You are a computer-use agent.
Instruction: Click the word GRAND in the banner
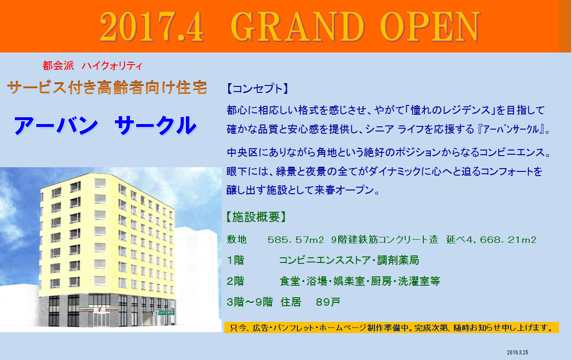297,26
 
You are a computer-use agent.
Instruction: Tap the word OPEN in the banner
430,26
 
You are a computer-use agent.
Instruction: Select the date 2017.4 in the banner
151,27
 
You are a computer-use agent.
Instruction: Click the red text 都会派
58,65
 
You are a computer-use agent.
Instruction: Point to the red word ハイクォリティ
112,66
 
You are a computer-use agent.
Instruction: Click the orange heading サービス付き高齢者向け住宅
107,87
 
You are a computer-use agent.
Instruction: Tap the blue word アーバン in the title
56,125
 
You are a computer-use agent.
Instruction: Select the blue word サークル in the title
156,125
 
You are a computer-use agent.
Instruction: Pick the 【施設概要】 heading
256,217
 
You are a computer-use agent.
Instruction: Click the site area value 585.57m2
296,240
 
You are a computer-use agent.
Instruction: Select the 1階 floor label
236,261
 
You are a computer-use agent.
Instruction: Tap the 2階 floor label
236,281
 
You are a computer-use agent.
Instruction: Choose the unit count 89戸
328,302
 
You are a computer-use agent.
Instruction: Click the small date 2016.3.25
517,353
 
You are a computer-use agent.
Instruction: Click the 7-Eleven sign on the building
99,309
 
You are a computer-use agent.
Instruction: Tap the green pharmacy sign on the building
164,313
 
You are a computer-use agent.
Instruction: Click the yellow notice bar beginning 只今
391,327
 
